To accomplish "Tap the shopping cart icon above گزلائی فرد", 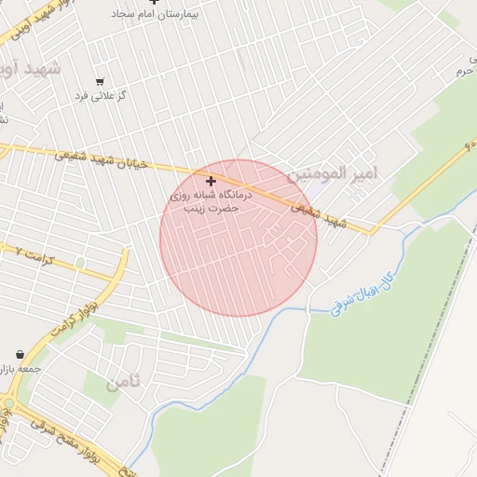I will tap(100, 81).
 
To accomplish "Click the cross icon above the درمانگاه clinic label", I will tap(211, 181).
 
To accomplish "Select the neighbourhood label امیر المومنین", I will tap(331, 174).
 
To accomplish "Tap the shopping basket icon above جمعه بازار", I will tap(20, 354).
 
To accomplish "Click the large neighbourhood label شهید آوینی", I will tap(31, 68).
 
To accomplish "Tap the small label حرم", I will tap(464, 72).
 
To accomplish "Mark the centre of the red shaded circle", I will tap(238, 238).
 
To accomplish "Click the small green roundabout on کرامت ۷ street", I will tap(80, 263).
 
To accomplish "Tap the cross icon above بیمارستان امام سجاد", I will tap(155, 3).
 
